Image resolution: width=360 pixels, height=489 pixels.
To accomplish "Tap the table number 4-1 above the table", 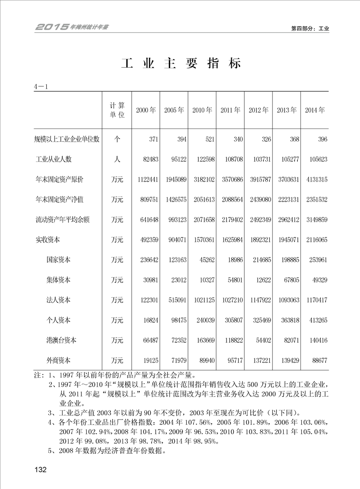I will pyautogui.click(x=41, y=86).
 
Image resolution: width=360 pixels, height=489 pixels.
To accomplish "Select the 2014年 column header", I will pyautogui.click(x=315, y=110).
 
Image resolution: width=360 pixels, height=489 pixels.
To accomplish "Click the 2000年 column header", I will pyautogui.click(x=146, y=110).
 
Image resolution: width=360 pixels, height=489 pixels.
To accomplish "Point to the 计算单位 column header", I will pyautogui.click(x=117, y=110).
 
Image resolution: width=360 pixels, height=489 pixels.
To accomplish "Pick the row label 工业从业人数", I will pyautogui.click(x=54, y=159).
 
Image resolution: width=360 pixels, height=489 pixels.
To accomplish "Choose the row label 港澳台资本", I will pyautogui.click(x=61, y=340).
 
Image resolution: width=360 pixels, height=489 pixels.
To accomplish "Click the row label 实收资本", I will pyautogui.click(x=47, y=240).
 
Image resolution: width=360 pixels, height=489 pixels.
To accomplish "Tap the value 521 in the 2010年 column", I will pyautogui.click(x=209, y=139).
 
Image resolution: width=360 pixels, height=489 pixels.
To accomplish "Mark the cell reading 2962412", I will pyautogui.click(x=287, y=220).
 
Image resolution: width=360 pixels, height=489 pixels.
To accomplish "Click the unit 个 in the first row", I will pyautogui.click(x=117, y=139).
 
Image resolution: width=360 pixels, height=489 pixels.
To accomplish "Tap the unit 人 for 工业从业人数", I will pyautogui.click(x=117, y=159).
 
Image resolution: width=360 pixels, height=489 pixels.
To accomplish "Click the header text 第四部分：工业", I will pyautogui.click(x=310, y=29).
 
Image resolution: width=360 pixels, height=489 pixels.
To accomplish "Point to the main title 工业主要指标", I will pyautogui.click(x=181, y=64).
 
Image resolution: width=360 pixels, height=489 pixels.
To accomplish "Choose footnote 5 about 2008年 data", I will pyautogui.click(x=107, y=451).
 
